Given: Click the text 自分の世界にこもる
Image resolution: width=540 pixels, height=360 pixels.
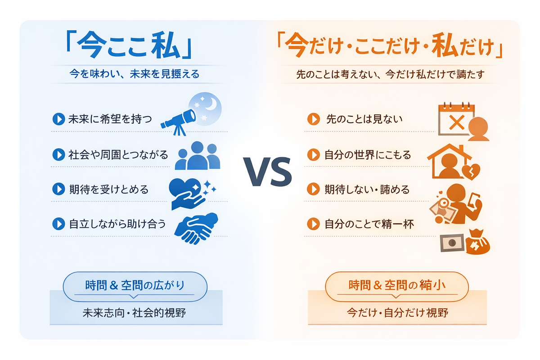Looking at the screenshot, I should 368,155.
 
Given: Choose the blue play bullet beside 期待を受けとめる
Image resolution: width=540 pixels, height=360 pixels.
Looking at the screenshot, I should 58,189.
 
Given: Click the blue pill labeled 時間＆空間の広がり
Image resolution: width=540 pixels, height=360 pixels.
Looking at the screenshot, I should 135,285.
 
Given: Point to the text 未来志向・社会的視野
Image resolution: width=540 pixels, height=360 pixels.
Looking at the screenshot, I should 135,313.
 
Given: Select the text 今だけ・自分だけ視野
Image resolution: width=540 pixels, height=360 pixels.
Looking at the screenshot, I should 398,313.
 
